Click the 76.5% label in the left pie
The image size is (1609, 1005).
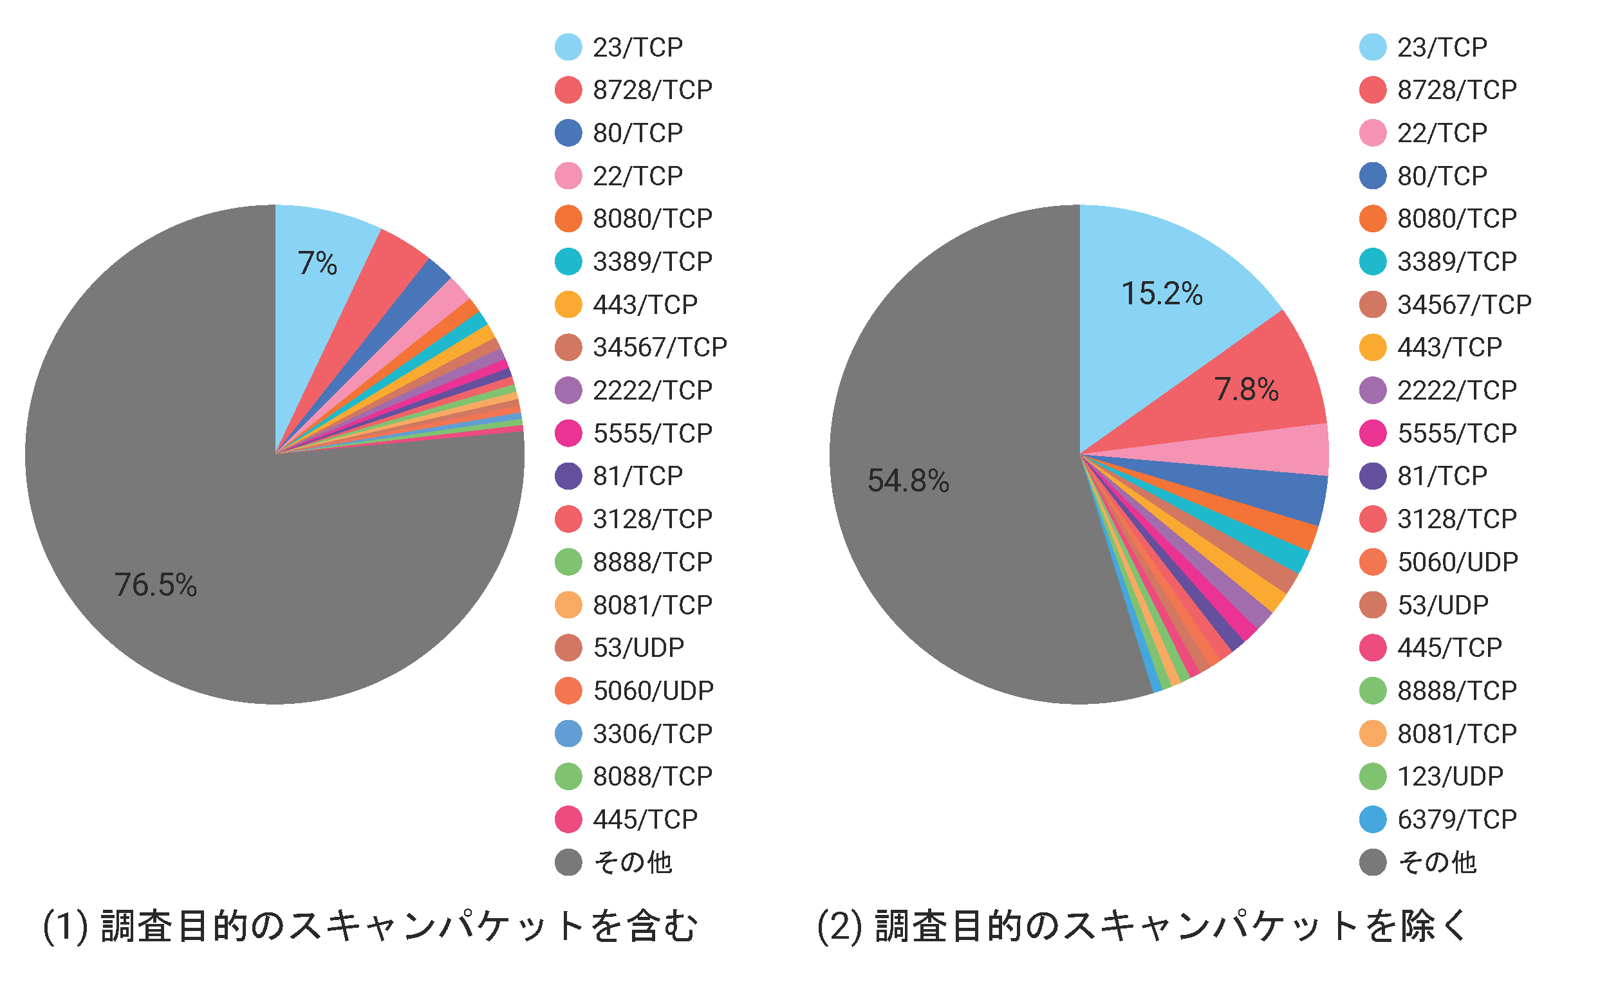156,585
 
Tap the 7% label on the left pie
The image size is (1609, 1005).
317,263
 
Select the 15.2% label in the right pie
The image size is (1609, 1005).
1162,294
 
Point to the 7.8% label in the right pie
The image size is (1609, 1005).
1246,389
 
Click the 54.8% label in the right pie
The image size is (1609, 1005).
908,481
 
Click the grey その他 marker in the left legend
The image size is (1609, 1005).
568,862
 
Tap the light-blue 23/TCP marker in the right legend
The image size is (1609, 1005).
1373,47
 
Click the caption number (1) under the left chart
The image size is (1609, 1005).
65,926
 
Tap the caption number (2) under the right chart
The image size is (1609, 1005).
839,926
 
